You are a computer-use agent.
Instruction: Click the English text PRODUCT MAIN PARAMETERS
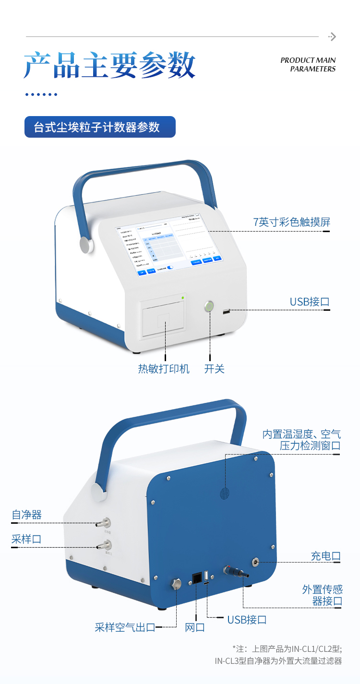pyautogui.click(x=308, y=65)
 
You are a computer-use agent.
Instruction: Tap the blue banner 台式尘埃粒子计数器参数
pyautogui.click(x=100, y=127)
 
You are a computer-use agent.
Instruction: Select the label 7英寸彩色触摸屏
pyautogui.click(x=292, y=222)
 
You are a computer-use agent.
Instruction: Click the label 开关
pyautogui.click(x=214, y=368)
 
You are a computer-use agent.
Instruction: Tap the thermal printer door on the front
pyautogui.click(x=163, y=319)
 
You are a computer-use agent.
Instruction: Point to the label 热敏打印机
pyautogui.click(x=164, y=368)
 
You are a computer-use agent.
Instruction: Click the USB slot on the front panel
pyautogui.click(x=226, y=312)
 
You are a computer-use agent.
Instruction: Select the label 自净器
pyautogui.click(x=27, y=515)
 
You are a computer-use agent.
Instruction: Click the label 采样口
pyautogui.click(x=27, y=539)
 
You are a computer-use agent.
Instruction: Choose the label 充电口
pyautogui.click(x=325, y=556)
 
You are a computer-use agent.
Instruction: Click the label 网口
pyautogui.click(x=195, y=627)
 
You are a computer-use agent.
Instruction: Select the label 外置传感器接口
pyautogui.click(x=322, y=595)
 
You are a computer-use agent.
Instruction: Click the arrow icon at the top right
pyautogui.click(x=332, y=36)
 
